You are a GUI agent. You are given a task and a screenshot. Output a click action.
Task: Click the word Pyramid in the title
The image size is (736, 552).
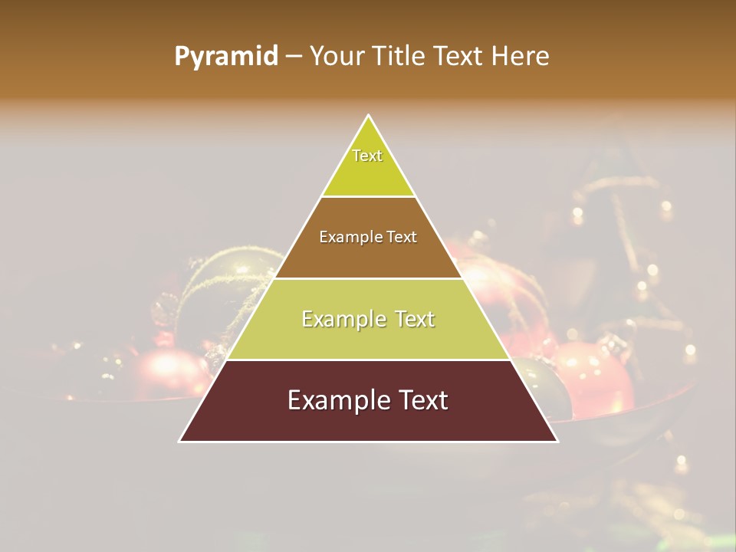226,57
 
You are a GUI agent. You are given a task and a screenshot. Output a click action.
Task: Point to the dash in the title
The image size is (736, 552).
293,57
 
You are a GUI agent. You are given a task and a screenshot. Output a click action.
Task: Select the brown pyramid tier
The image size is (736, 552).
368,253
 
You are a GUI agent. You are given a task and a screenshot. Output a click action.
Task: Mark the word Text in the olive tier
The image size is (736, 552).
412,319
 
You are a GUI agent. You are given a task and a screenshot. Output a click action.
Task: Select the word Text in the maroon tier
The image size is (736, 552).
419,400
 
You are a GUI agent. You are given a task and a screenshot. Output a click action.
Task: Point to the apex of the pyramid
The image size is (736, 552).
369,117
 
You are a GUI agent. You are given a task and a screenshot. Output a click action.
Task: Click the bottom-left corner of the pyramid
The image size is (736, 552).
180,441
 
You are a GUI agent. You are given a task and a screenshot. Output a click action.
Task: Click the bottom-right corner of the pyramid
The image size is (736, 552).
557,441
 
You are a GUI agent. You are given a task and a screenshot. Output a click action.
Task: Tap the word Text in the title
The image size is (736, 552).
458,57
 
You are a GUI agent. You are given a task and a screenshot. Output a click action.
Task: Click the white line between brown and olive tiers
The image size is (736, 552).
368,278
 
